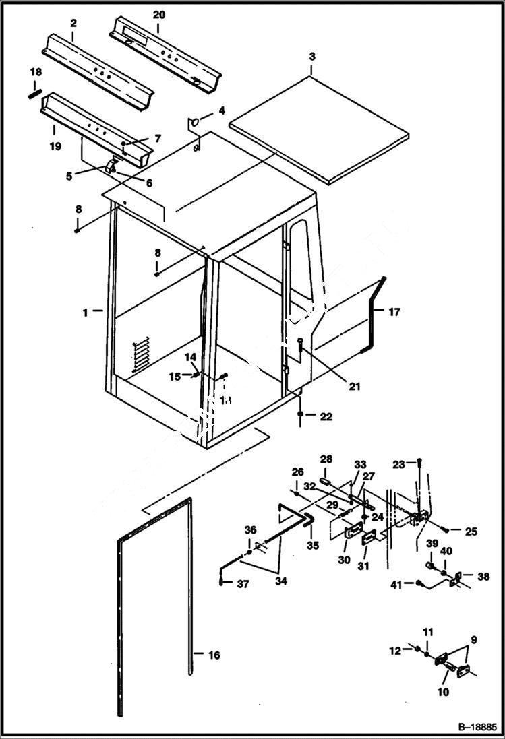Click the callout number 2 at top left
pos(73,23)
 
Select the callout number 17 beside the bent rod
pos(394,311)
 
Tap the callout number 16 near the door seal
pos(214,654)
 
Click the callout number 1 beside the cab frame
pos(86,311)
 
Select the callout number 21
pos(355,386)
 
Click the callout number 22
pos(326,417)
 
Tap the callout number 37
pos(243,584)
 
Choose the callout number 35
pos(311,545)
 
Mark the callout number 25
pos(471,532)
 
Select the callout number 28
pos(326,459)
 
